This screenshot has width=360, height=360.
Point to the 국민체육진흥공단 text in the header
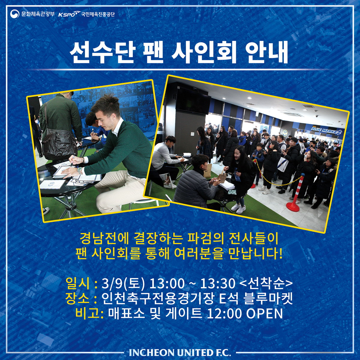(x=98, y=14)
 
